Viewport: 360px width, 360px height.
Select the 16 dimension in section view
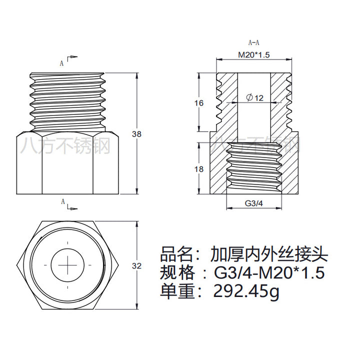click(x=199, y=103)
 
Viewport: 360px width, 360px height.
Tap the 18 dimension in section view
click(x=199, y=169)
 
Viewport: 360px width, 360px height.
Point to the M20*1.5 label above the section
click(x=253, y=55)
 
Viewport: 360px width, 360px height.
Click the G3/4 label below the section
click(x=254, y=203)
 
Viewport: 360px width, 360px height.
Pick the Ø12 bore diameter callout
click(x=254, y=98)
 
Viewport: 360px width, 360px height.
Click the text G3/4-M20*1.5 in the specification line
click(x=269, y=273)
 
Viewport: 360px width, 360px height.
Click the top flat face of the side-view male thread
click(x=67, y=73)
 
